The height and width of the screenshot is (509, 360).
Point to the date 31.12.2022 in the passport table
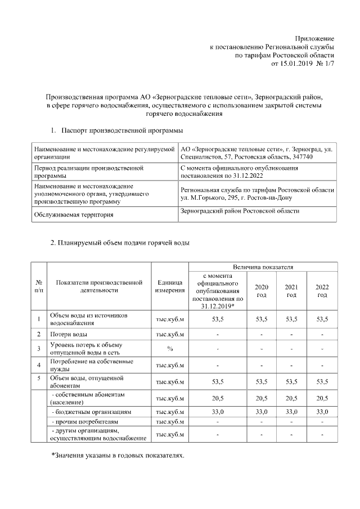click(x=245, y=175)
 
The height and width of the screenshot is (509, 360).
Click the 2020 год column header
click(x=262, y=291)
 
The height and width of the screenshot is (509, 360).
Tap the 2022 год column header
click(x=322, y=291)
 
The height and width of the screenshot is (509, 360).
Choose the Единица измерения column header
click(x=170, y=286)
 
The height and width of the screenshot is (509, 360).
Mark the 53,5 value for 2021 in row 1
click(x=291, y=319)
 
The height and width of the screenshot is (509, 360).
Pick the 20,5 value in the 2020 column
click(x=262, y=399)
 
